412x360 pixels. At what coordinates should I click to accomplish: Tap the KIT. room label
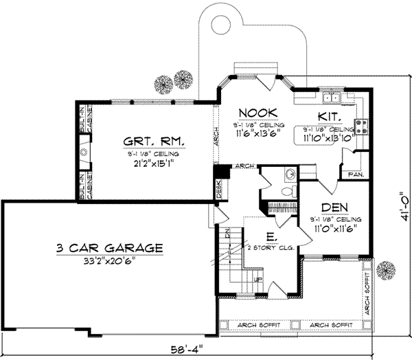pos(330,116)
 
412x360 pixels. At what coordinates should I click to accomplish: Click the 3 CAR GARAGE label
pos(111,247)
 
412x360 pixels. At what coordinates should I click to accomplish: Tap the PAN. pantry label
pos(356,175)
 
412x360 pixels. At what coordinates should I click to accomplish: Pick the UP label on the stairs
pos(258,280)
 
